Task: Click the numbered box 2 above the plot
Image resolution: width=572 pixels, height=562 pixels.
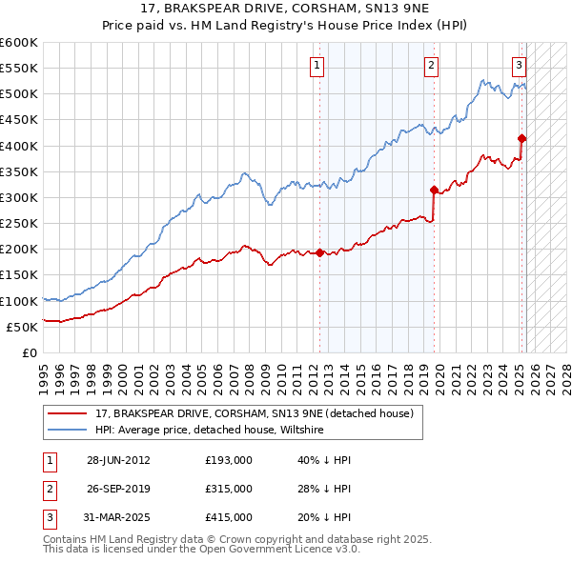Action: pyautogui.click(x=431, y=66)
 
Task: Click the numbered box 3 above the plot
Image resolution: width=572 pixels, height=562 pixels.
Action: pyautogui.click(x=519, y=66)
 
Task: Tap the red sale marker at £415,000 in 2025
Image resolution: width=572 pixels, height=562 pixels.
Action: pyautogui.click(x=522, y=139)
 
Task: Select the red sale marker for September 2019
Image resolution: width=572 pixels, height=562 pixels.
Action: pyautogui.click(x=434, y=190)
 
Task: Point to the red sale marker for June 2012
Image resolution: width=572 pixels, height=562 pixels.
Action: pyautogui.click(x=319, y=252)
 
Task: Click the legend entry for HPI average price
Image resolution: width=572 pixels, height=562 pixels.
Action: pyautogui.click(x=210, y=431)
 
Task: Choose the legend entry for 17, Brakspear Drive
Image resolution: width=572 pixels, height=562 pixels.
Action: pyautogui.click(x=254, y=414)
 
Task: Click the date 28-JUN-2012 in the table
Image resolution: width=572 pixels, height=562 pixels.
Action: pyautogui.click(x=118, y=460)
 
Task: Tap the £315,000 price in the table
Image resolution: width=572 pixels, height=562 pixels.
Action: pyautogui.click(x=229, y=489)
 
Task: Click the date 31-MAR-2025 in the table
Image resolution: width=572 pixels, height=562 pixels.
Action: pyautogui.click(x=118, y=517)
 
